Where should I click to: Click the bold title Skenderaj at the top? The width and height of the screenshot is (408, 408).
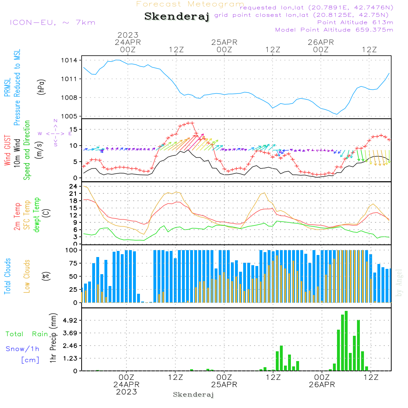[177, 16]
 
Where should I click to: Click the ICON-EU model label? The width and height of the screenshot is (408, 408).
[52, 22]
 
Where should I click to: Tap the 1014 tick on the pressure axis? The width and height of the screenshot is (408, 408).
[69, 60]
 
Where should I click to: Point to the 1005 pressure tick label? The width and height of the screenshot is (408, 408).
[69, 116]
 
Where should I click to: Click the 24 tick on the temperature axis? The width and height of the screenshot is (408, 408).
[73, 186]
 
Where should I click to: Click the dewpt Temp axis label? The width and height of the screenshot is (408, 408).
[37, 215]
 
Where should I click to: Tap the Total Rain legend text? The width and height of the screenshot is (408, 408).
[27, 334]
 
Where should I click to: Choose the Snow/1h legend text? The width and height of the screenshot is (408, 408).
[23, 349]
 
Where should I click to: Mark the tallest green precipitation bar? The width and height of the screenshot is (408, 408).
[346, 341]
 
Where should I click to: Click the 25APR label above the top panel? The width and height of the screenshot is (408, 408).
[224, 42]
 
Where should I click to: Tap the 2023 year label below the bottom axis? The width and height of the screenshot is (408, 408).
[126, 392]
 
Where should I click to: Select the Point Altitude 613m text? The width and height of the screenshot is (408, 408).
[355, 22]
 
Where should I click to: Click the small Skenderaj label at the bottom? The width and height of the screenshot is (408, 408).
[193, 395]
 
